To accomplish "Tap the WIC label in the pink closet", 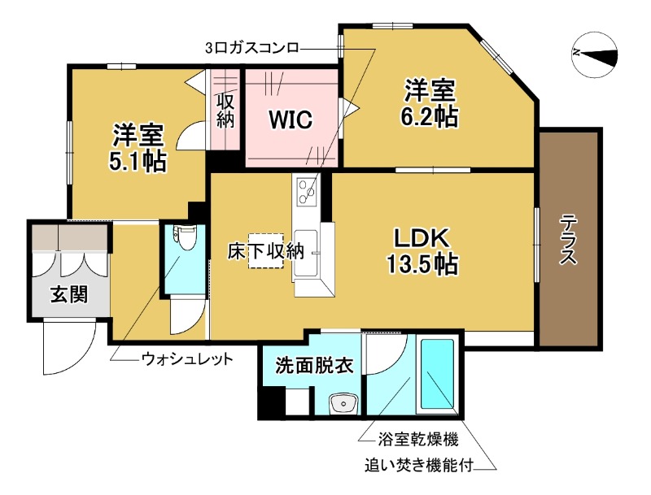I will [291, 120].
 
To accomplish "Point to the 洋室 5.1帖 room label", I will [138, 147].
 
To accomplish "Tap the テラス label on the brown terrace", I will [569, 240].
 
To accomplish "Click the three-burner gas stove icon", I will [308, 192].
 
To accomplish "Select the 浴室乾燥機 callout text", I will [417, 440].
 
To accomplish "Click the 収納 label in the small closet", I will [225, 111].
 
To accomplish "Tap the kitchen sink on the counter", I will [309, 249].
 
